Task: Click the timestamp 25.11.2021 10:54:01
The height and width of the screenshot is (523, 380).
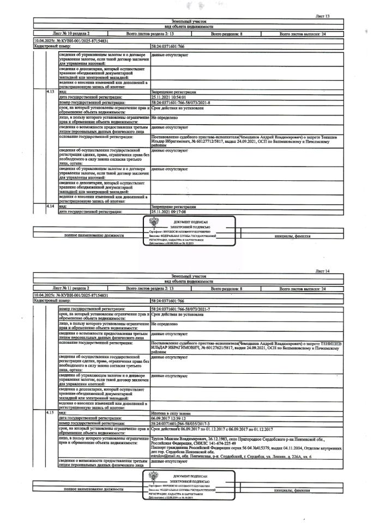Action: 172,97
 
